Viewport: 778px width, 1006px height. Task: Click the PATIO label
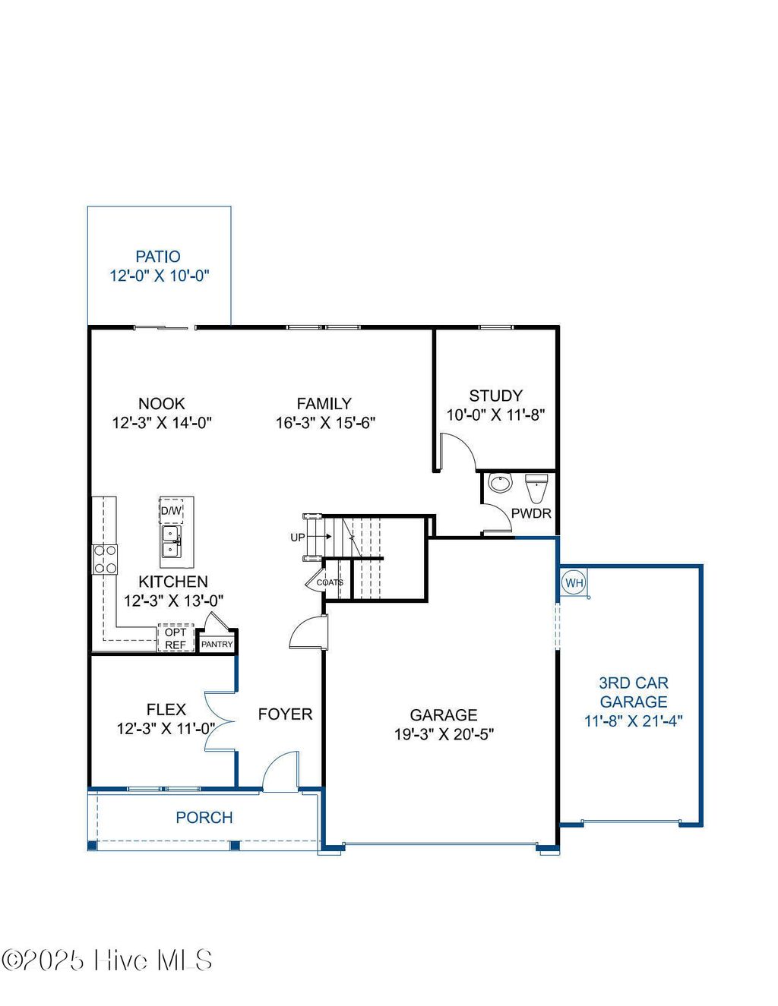(x=158, y=257)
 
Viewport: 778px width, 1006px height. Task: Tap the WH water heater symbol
(x=574, y=583)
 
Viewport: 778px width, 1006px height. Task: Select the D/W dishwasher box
(x=171, y=511)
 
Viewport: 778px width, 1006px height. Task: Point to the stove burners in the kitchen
(x=105, y=559)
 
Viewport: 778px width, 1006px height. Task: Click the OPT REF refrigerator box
(x=176, y=639)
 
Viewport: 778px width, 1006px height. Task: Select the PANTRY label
(x=217, y=644)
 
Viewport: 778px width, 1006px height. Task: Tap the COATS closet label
(x=330, y=582)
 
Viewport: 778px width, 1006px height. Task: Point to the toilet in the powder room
(x=536, y=487)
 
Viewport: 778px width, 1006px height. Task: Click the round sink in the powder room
(x=499, y=483)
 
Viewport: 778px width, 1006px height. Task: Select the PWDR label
(x=531, y=513)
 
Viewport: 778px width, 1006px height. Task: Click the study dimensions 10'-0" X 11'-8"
(x=495, y=415)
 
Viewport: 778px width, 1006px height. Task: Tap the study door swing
(x=458, y=451)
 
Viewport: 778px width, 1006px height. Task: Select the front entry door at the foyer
(x=281, y=771)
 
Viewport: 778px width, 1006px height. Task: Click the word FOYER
(x=285, y=714)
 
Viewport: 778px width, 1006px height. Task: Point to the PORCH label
(x=204, y=818)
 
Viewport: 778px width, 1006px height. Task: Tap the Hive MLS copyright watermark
(x=107, y=960)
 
